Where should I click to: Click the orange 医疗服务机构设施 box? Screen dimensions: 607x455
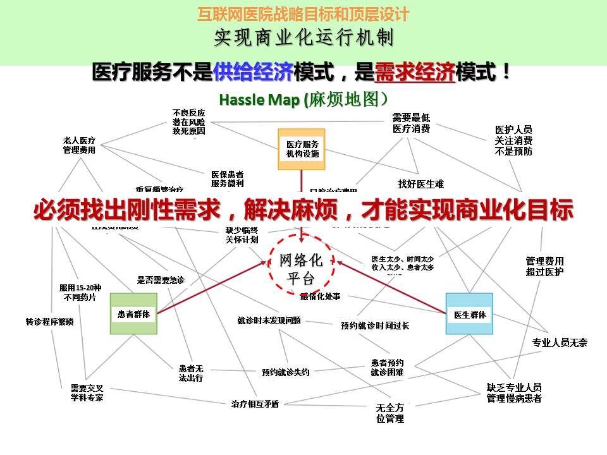302,149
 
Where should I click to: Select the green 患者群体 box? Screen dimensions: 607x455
133,313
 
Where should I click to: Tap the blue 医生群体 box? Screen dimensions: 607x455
469,314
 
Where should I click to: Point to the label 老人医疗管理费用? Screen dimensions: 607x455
79,145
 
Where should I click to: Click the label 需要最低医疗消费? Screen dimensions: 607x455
411,123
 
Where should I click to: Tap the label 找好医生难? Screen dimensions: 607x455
420,184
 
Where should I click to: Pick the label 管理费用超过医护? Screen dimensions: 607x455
544,266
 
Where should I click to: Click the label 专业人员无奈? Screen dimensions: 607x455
559,343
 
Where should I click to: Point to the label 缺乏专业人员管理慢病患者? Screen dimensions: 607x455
513,392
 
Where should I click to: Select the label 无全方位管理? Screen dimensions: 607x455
389,413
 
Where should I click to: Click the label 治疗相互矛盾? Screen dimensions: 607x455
255,404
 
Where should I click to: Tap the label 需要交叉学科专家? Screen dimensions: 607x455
87,392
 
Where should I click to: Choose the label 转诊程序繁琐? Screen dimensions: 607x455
49,321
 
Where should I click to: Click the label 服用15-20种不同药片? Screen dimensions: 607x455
79,292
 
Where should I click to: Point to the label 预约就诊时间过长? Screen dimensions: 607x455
374,325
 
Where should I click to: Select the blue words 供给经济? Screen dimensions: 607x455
253,72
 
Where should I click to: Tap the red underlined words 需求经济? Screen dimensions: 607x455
414,72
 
